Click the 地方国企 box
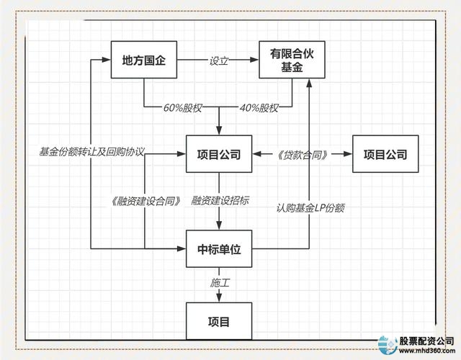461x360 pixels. (143, 61)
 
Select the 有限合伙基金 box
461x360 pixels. (292, 61)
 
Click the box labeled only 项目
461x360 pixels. (218, 320)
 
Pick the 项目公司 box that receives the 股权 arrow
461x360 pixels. (218, 154)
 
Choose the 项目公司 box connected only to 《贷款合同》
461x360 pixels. (385, 154)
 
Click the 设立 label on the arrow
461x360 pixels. (218, 61)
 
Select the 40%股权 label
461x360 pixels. (258, 108)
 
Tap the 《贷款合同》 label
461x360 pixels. (303, 154)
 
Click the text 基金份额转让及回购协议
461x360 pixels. (93, 152)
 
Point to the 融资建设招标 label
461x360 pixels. (220, 201)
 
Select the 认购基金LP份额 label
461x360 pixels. (310, 208)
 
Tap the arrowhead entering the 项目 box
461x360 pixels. (218, 298)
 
